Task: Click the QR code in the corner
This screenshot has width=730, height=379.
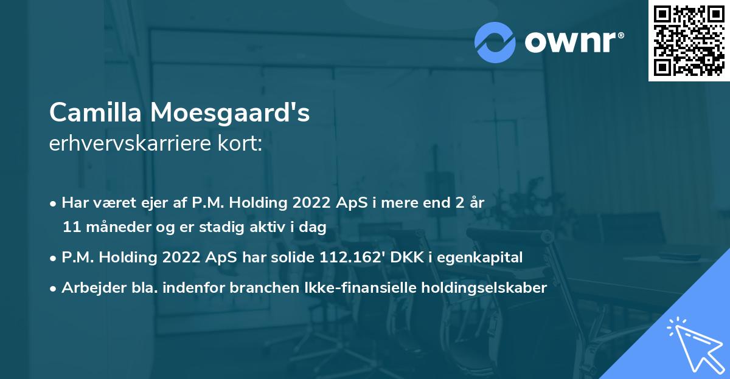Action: [x=689, y=41]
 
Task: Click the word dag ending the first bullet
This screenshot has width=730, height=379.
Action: [x=314, y=228]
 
